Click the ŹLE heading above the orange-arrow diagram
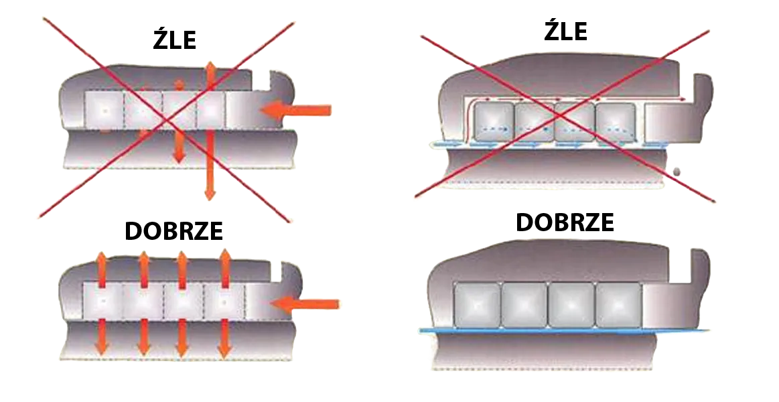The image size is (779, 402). [x=174, y=39]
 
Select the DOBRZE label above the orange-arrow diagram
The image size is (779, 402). [x=174, y=230]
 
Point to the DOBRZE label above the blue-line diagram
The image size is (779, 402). [x=565, y=222]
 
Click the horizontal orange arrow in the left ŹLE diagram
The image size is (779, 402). [x=295, y=110]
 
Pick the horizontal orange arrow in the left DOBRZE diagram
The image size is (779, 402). [x=305, y=303]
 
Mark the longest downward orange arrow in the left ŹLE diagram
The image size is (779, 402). [x=210, y=165]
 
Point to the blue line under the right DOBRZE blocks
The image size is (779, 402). [x=565, y=330]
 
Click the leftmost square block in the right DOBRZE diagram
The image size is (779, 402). [x=477, y=305]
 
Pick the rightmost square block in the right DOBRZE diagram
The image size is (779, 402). [x=618, y=305]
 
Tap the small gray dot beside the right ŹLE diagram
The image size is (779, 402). [x=677, y=172]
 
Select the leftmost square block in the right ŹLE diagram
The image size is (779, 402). [x=494, y=122]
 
